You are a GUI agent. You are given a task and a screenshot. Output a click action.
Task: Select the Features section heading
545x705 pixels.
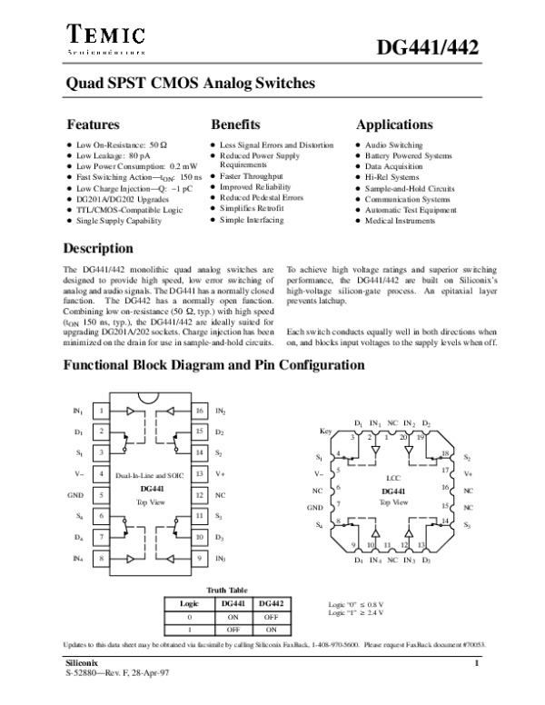pos(94,124)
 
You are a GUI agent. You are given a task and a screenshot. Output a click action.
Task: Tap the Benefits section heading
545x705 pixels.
pos(236,124)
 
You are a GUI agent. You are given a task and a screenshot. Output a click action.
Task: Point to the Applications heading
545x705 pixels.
pos(394,124)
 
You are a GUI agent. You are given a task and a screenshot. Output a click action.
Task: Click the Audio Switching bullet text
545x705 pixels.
pos(393,145)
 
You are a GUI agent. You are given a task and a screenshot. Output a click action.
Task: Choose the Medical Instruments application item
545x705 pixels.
pos(400,221)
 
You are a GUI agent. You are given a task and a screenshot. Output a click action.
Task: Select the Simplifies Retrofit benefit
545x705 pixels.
pos(251,209)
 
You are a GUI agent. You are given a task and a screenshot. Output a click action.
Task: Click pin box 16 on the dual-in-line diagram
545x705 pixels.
pos(198,411)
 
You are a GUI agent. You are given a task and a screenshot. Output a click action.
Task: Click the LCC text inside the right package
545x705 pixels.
pos(393,478)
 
